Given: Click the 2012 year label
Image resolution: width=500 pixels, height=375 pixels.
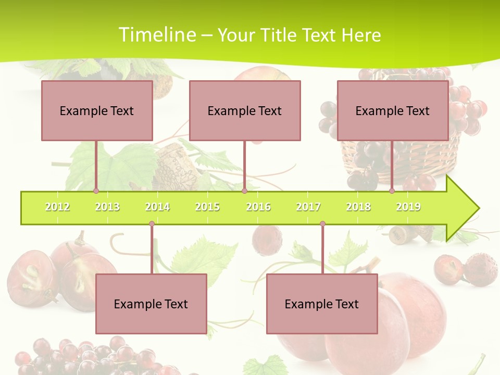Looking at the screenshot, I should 57,207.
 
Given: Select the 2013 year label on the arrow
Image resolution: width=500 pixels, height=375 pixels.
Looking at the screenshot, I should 107,207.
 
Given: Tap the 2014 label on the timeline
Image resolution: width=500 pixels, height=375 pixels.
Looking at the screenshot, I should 157,207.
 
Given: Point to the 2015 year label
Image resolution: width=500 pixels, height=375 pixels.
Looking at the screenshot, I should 207,207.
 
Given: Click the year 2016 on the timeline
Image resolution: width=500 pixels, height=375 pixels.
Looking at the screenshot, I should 258,207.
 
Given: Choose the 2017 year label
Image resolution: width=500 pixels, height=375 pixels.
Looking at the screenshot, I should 308,207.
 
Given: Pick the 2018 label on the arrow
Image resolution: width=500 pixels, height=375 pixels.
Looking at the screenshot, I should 358,207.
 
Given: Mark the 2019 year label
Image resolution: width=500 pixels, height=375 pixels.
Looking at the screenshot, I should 408,207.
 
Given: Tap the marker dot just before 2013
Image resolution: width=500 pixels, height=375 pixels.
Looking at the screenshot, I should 96,191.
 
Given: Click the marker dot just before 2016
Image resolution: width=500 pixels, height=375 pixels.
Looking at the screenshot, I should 244,191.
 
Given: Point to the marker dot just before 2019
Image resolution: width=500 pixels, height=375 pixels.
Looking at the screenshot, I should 392,191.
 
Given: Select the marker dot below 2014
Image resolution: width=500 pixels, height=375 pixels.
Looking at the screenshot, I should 152,224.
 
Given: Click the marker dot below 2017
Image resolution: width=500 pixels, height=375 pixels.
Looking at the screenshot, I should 322,224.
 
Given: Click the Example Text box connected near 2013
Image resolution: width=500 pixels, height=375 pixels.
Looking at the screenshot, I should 97,110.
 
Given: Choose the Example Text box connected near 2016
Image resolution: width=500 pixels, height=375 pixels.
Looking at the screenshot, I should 245,110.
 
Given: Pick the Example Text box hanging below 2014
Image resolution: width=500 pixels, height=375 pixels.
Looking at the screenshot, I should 151,304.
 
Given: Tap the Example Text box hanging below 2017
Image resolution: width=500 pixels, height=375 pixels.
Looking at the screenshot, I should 322,304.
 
